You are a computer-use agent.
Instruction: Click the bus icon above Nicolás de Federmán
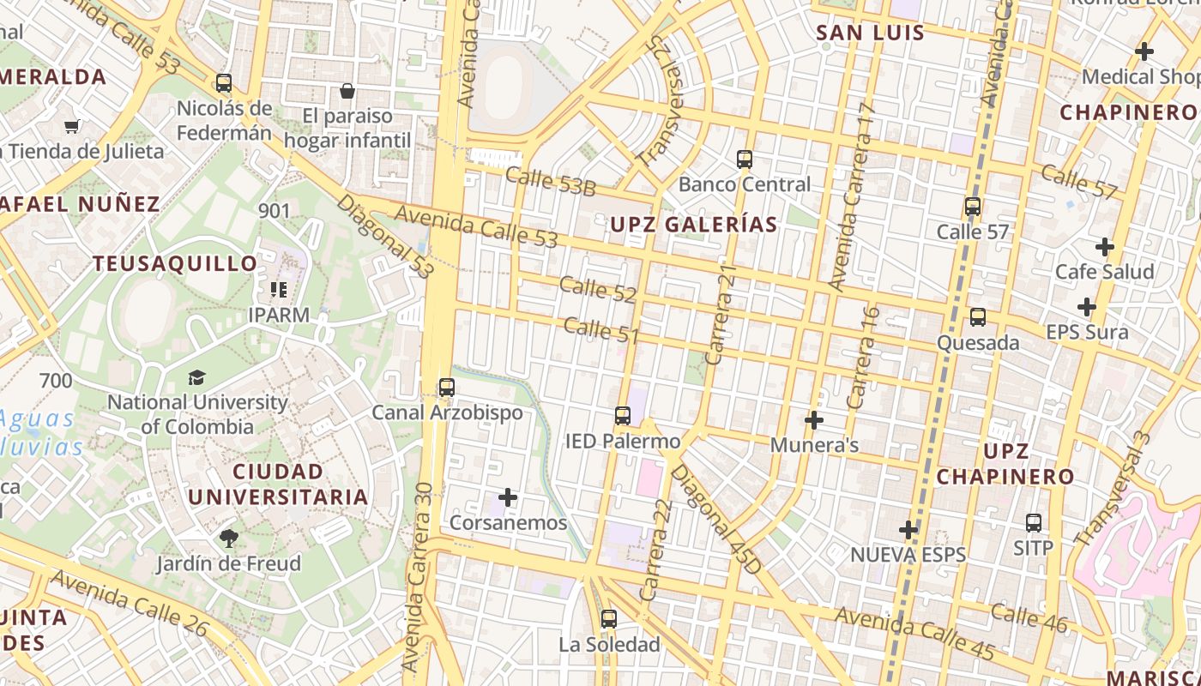tap(224, 83)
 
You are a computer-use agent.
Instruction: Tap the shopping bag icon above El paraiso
tap(347, 90)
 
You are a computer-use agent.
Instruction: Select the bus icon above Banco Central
tap(745, 159)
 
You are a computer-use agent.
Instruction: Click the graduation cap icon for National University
tap(196, 377)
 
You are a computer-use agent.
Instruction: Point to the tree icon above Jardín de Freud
tap(228, 539)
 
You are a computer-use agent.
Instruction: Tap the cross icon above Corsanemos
tap(508, 497)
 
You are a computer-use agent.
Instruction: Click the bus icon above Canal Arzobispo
tap(447, 387)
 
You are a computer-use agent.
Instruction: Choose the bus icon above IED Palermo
tap(623, 416)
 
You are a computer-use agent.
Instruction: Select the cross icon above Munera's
tap(814, 420)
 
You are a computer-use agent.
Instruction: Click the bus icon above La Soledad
tap(609, 618)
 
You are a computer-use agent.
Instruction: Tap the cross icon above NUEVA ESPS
tap(908, 530)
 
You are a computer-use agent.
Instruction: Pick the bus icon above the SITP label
tap(1034, 522)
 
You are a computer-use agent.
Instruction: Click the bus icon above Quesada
tap(978, 317)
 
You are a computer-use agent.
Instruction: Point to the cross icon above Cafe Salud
tap(1105, 247)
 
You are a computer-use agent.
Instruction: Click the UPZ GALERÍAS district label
tap(693, 225)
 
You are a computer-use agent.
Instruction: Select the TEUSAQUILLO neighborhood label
tap(175, 263)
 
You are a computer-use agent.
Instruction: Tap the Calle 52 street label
tap(598, 290)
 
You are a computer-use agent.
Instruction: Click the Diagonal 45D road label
tap(715, 519)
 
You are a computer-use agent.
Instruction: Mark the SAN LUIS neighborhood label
tap(870, 33)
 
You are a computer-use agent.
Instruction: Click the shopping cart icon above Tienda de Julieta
tap(72, 126)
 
